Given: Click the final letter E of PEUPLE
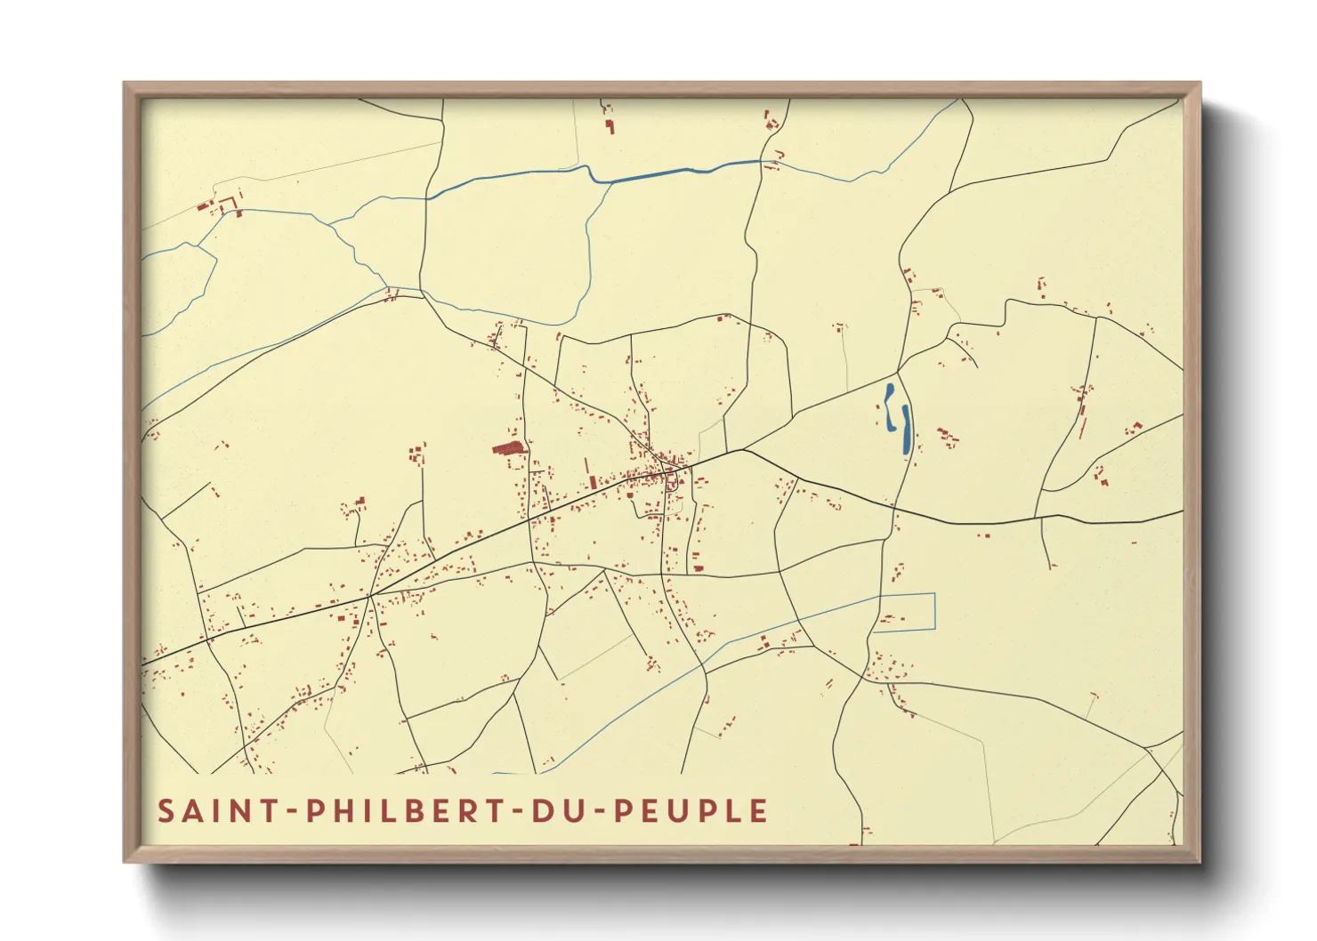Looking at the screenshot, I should point(758,811).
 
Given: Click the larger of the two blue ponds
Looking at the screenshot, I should point(906,431).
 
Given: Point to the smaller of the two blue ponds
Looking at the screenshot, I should point(889,406).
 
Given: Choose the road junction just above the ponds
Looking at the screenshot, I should point(898,371).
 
